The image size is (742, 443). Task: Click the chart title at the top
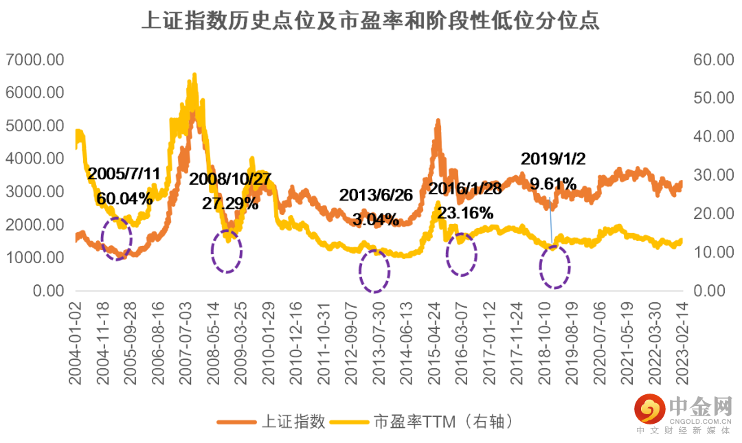[x=370, y=21]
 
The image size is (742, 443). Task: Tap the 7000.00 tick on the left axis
[x=34, y=60]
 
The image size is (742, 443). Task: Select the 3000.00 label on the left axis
[x=34, y=192]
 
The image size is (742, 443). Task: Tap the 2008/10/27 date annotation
[x=230, y=179]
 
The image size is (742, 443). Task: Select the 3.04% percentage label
[x=375, y=220]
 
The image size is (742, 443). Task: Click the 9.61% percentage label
[x=553, y=183]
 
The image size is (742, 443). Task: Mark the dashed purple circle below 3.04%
[x=374, y=271]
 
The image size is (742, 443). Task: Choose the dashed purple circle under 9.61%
[x=554, y=266]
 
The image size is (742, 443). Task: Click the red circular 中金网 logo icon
[x=648, y=410]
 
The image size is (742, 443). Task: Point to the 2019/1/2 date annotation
[x=553, y=159]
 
